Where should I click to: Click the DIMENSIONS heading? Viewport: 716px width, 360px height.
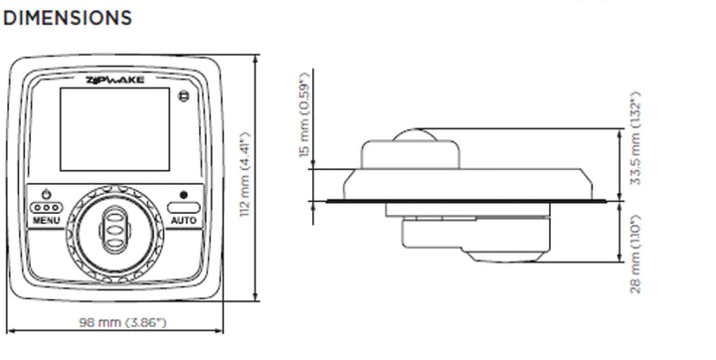point(68,18)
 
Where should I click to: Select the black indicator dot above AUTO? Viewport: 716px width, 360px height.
point(183,195)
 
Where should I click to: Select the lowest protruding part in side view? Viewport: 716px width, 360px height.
point(507,257)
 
